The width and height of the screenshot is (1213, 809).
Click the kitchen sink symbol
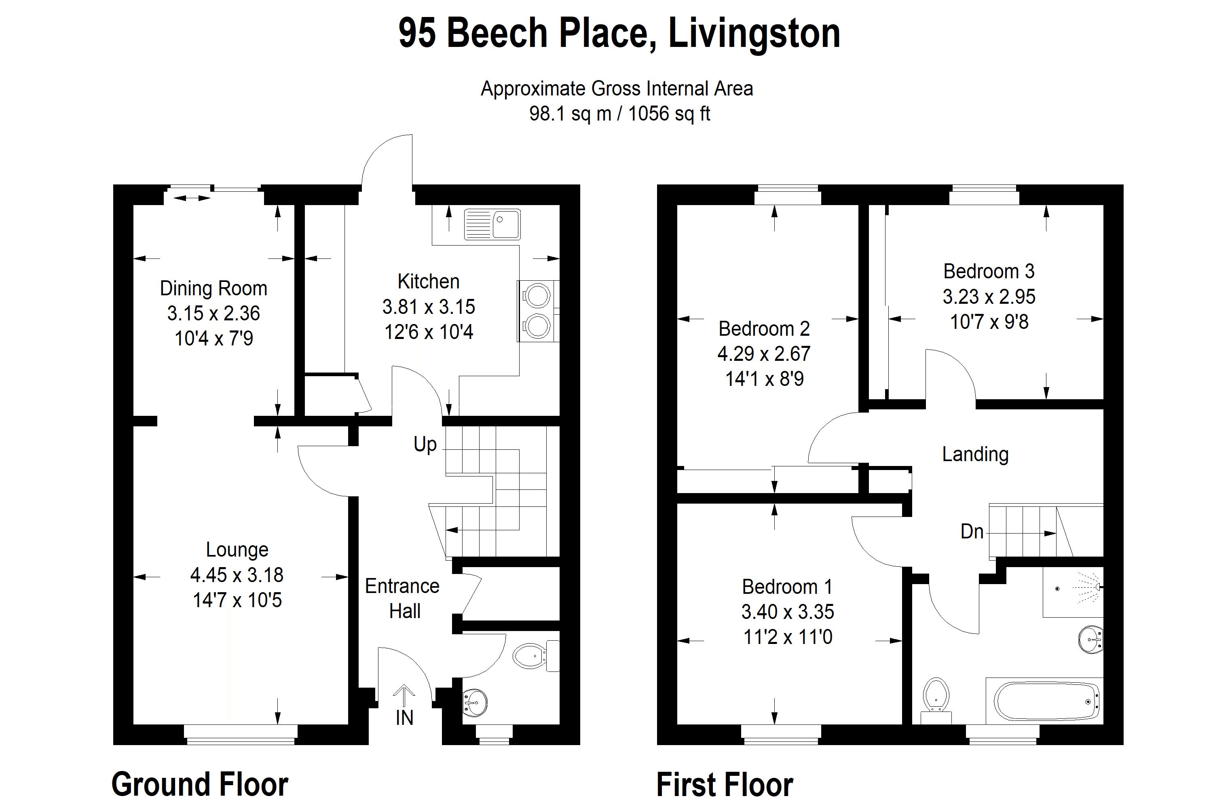point(492,224)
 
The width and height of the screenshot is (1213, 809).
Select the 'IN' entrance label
point(405,718)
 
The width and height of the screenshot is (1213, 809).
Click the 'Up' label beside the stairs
point(425,444)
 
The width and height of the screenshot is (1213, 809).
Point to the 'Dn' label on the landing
point(972,532)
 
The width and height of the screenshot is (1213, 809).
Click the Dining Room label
point(213,288)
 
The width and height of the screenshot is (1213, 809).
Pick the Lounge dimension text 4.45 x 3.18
point(237,575)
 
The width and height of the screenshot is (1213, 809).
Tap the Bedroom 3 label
point(989,271)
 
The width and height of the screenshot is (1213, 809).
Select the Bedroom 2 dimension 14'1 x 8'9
point(764,379)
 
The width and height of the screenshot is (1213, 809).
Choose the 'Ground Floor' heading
point(200,784)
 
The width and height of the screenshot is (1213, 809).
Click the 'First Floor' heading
point(725,785)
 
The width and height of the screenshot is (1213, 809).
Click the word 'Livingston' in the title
point(754,34)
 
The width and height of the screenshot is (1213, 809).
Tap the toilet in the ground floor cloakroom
point(537,656)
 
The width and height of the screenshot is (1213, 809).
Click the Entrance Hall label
point(402,599)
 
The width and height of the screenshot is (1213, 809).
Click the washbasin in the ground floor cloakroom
point(474,702)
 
